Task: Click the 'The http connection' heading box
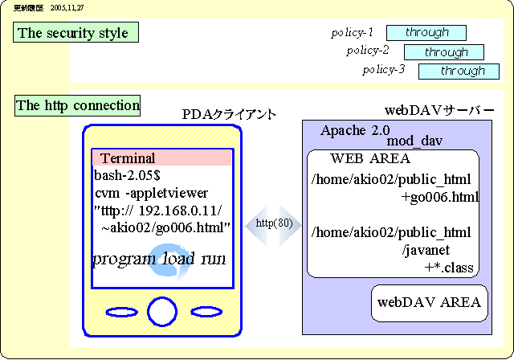[x=78, y=105]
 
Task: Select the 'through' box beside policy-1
[x=426, y=33]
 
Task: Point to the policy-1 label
[x=353, y=33]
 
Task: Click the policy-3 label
[x=383, y=70]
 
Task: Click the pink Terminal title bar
[x=162, y=157]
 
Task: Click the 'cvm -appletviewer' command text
[x=151, y=193]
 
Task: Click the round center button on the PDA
[x=162, y=311]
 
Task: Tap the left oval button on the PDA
[x=122, y=311]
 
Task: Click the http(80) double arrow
[x=273, y=223]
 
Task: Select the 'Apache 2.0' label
[x=354, y=130]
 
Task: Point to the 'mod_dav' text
[x=415, y=141]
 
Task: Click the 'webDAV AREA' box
[x=430, y=302]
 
